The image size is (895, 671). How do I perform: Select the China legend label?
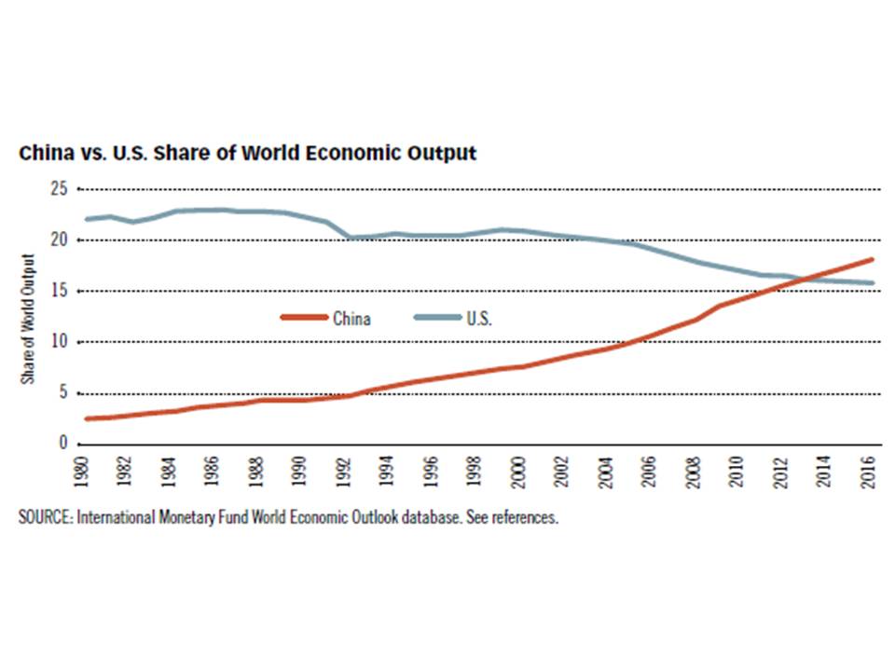point(351,319)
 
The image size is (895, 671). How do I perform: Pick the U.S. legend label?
point(478,319)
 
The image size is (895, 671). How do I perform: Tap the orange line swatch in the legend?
point(305,319)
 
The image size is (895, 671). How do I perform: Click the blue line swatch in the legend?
point(436,319)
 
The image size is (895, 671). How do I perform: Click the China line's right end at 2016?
point(873,259)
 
